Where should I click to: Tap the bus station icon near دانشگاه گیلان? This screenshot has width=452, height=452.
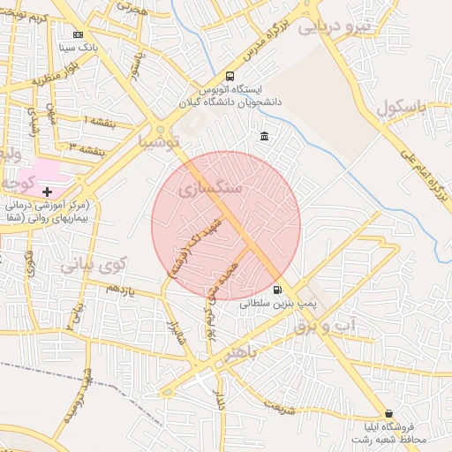click(x=230, y=76)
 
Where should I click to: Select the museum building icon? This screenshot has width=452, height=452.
click(x=265, y=136)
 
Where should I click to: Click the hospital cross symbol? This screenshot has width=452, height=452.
click(x=47, y=192)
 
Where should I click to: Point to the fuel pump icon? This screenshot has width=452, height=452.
click(x=278, y=290)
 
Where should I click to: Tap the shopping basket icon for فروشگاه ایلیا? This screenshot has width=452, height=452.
click(x=388, y=413)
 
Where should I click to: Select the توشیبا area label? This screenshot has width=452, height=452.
click(x=159, y=141)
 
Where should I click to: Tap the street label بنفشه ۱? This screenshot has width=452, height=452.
click(x=98, y=119)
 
